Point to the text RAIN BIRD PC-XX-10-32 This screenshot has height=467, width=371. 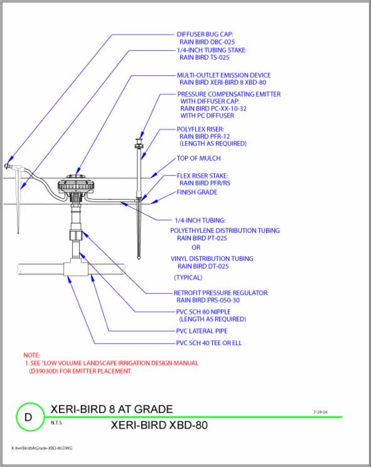pyautogui.click(x=213, y=109)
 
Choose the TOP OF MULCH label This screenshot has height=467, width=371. pyautogui.click(x=199, y=159)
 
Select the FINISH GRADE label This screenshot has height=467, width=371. pyautogui.click(x=196, y=192)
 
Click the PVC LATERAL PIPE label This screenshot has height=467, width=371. pyautogui.click(x=202, y=330)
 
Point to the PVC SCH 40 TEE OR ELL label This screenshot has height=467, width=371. pyautogui.click(x=208, y=343)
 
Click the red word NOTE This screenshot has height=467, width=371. pyautogui.click(x=32, y=355)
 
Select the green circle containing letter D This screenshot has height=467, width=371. pyautogui.click(x=28, y=417)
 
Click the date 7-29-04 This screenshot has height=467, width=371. pyautogui.click(x=320, y=412)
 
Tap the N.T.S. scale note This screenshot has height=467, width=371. pyautogui.click(x=57, y=422)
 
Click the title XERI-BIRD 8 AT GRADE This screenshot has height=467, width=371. pyautogui.click(x=111, y=409)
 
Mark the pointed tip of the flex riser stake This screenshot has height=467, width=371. pyautogui.click(x=137, y=257)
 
